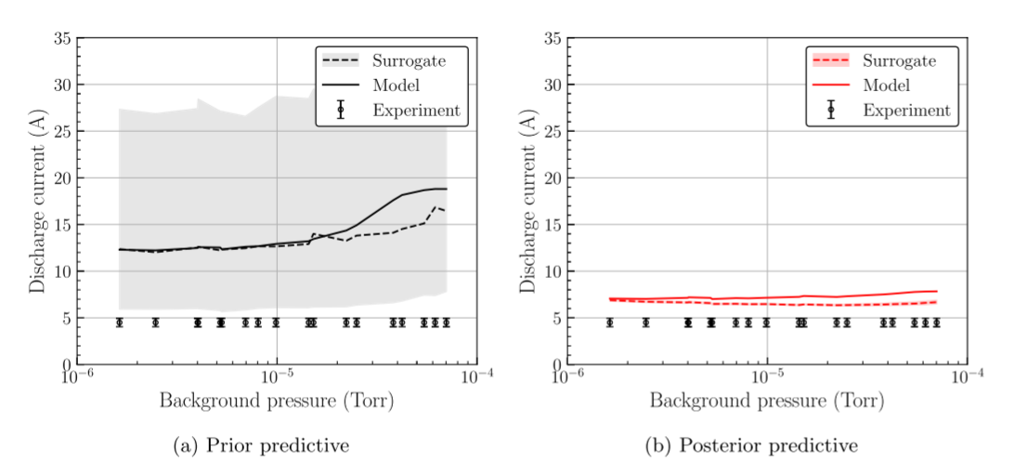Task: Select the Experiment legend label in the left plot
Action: [x=416, y=110]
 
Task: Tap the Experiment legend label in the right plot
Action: [x=906, y=110]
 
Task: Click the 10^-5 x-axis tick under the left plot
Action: [x=276, y=379]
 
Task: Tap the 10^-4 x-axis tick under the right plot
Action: [x=967, y=379]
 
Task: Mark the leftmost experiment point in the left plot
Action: [x=119, y=323]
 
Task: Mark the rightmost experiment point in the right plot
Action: [x=936, y=323]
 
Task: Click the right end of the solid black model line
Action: [x=447, y=189]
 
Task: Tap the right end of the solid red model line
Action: [x=937, y=291]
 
